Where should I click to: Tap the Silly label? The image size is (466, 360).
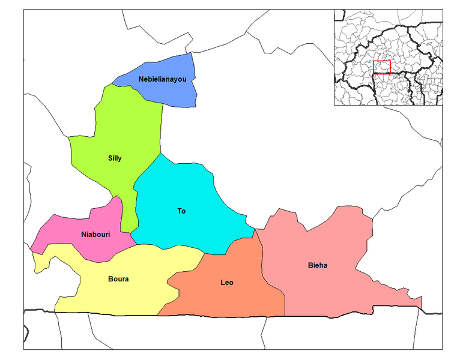[115, 158]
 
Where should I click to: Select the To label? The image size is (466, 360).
[181, 211]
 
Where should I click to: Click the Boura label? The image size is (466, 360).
[118, 279]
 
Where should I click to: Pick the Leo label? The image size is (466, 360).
[227, 283]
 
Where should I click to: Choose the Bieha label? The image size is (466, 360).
[318, 265]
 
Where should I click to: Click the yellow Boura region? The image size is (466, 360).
[120, 297]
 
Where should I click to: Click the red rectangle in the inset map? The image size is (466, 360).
[381, 67]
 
